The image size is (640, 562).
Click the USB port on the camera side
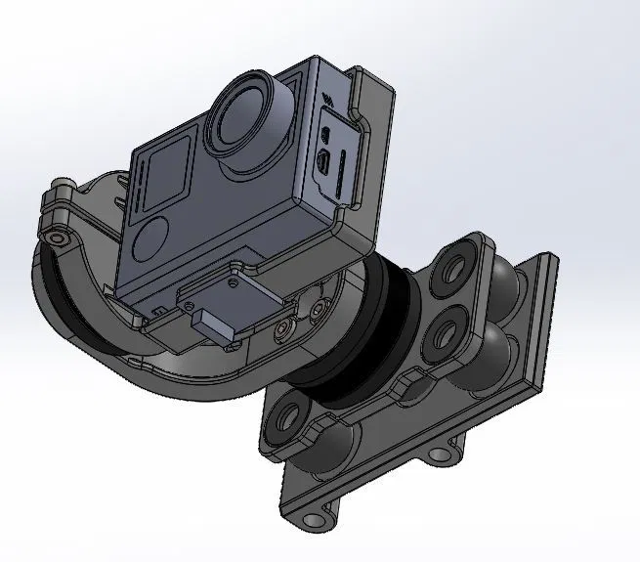coord(321,164)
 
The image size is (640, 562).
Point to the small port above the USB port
coord(325,134)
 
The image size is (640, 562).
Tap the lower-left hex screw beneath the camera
coord(282,332)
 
